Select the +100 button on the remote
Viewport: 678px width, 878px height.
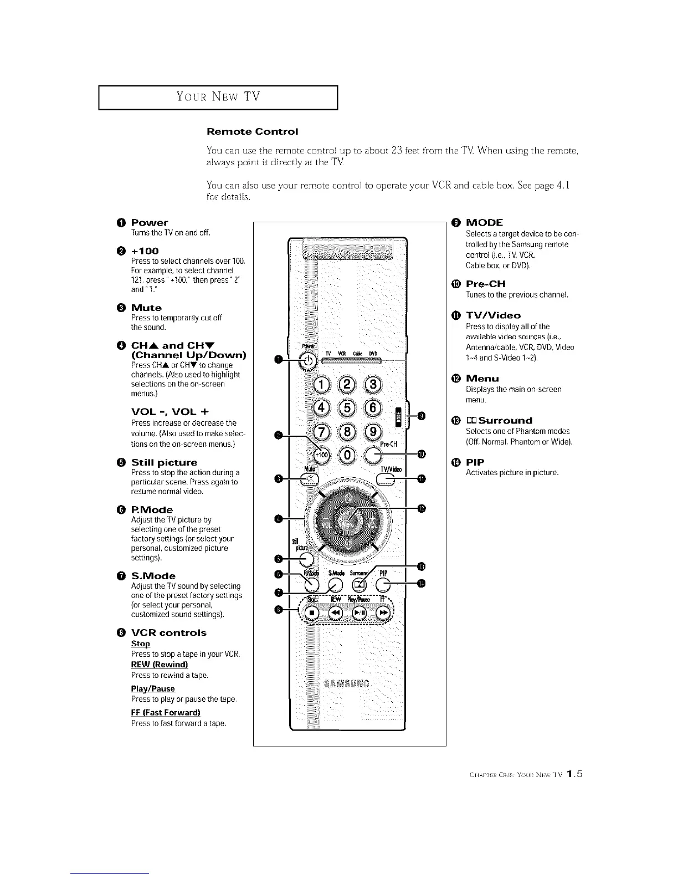pos(321,455)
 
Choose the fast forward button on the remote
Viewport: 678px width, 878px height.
pos(383,612)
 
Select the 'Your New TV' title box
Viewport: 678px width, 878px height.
pos(218,98)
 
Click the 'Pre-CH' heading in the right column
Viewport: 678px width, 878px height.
pos(486,284)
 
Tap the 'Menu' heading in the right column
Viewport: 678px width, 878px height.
pos(482,379)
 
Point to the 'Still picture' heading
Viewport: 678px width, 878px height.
pos(164,462)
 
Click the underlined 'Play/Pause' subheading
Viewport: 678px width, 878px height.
pos(153,688)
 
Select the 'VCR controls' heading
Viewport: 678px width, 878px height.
pos(168,632)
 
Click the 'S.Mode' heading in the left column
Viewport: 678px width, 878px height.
pos(153,576)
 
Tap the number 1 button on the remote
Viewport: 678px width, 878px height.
pos(321,385)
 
